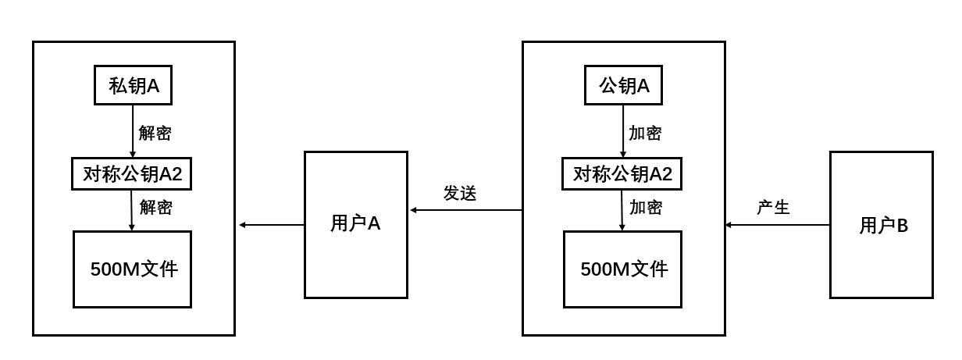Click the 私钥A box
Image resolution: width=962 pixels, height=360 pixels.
[x=134, y=86]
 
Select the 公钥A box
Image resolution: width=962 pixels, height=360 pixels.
[x=623, y=86]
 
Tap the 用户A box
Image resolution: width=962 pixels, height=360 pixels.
[x=355, y=225]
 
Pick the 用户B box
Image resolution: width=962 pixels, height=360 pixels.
[x=881, y=225]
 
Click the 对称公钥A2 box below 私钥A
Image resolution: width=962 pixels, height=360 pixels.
[x=132, y=174]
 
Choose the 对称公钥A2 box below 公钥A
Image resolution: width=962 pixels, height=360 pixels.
[x=622, y=174]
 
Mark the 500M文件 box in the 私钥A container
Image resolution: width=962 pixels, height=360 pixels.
[x=132, y=269]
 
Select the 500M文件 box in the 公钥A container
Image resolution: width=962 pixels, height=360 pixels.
[x=622, y=269]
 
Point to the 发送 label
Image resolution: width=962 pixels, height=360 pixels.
[x=460, y=194]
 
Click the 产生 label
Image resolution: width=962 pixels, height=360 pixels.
[x=773, y=208]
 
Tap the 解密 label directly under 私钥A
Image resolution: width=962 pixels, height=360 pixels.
[x=155, y=133]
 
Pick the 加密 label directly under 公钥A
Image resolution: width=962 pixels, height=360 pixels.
[x=645, y=133]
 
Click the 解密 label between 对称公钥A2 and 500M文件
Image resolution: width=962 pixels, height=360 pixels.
[x=155, y=208]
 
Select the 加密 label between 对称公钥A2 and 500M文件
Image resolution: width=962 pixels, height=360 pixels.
[x=646, y=208]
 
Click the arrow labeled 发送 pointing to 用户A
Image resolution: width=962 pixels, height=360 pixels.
[x=465, y=210]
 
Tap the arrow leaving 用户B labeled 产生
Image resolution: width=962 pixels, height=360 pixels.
[x=777, y=225]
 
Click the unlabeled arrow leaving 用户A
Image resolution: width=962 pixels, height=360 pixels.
[x=271, y=225]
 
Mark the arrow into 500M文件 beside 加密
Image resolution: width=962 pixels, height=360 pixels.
[x=622, y=210]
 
